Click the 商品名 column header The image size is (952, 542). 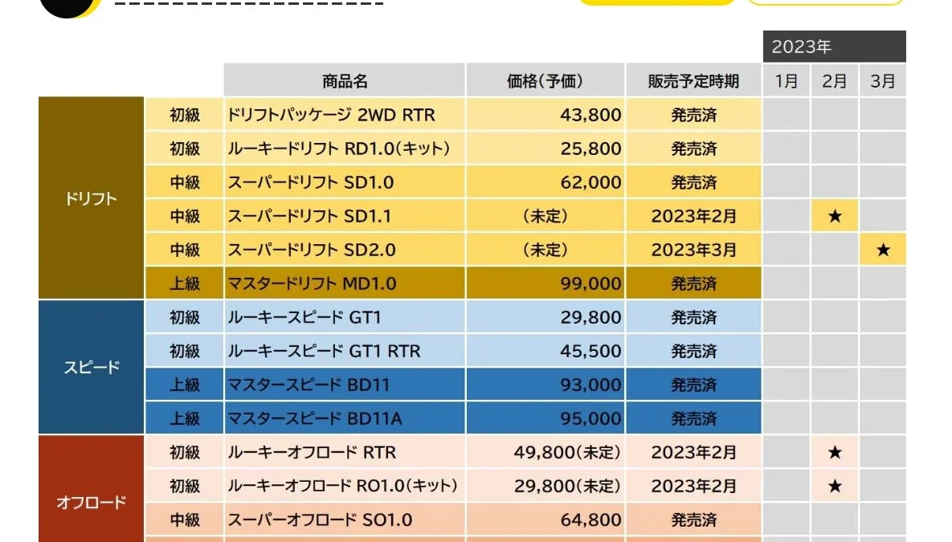point(345,81)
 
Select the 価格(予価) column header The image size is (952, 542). point(545,81)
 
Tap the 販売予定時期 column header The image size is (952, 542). point(693,81)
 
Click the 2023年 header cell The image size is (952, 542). point(834,47)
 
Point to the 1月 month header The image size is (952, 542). point(787,81)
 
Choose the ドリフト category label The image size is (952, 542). point(92,198)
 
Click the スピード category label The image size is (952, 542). point(92,368)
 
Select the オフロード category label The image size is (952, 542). point(92,503)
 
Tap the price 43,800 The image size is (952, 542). point(590,115)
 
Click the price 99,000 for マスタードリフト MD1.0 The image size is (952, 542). point(590,283)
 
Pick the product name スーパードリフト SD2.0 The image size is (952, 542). point(312,250)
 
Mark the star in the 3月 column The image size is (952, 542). point(883,250)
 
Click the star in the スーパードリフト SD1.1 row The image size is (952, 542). point(835,216)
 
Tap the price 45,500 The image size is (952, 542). point(590,351)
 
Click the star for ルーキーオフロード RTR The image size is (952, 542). point(835,453)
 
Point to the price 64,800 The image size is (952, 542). point(590,520)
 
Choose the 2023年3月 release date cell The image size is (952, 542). point(693,250)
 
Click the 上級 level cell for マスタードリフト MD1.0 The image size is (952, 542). point(185,283)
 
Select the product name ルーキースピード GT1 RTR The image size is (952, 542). point(324,351)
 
